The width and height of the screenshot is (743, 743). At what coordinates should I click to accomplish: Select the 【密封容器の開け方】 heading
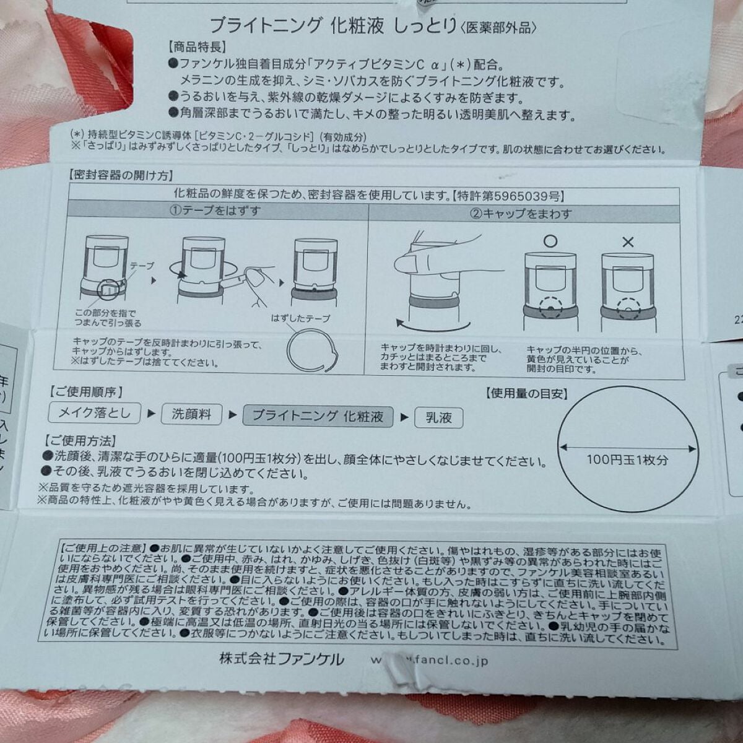pos(119,176)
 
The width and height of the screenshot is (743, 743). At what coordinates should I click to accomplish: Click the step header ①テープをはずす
pos(216,211)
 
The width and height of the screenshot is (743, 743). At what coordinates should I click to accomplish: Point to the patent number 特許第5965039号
pos(508,197)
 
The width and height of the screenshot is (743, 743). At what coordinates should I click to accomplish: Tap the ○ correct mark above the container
pos(550,241)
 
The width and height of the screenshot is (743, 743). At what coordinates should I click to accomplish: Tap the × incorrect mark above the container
pos(627,242)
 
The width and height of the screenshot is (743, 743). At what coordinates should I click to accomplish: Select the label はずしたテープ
pos(300,318)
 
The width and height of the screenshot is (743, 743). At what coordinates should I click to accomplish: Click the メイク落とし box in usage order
pos(95,412)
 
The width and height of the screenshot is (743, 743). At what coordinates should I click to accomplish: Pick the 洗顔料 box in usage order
pos(191,414)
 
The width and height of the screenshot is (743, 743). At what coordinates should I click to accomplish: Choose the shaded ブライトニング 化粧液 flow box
pos(318,415)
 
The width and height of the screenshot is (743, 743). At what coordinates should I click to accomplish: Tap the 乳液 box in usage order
pos(438,417)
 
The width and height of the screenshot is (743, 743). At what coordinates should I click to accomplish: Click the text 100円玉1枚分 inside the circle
pos(627,459)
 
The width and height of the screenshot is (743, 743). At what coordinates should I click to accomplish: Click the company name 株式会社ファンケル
pos(281,659)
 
